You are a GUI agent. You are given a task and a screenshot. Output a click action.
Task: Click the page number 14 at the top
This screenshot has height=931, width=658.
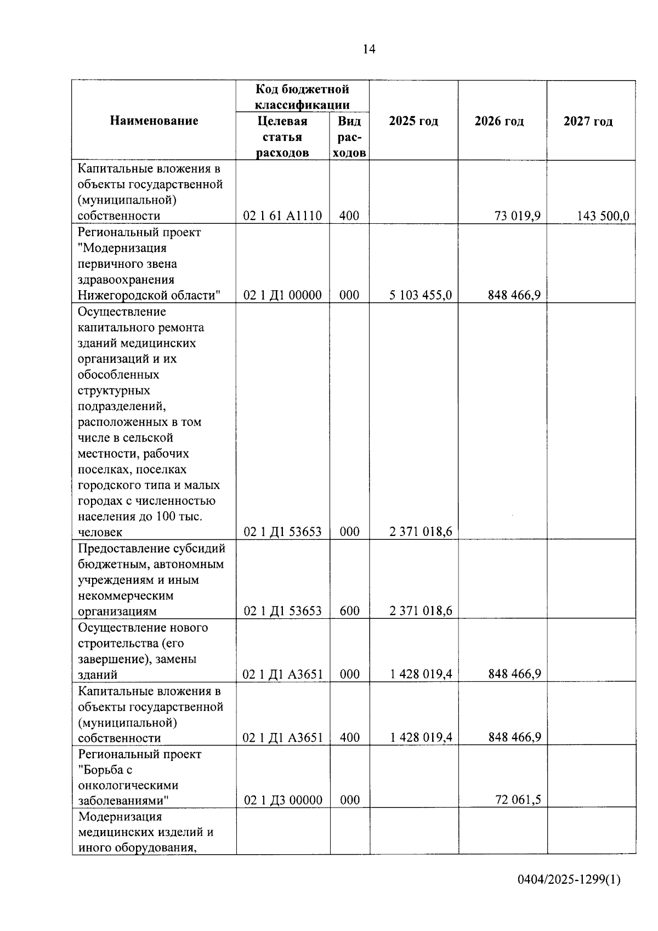[x=369, y=49]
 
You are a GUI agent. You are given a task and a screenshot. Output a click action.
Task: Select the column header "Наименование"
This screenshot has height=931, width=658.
[x=154, y=121]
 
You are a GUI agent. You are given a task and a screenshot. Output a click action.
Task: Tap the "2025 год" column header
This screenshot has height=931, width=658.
[x=413, y=121]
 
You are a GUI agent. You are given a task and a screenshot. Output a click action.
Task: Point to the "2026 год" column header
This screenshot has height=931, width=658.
[x=499, y=121]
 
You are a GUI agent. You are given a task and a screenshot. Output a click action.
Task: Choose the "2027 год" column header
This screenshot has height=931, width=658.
[x=588, y=121]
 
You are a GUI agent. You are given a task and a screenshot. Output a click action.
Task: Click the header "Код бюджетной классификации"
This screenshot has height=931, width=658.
[x=302, y=97]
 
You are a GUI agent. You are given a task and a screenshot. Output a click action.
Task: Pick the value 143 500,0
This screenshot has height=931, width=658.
[x=603, y=216]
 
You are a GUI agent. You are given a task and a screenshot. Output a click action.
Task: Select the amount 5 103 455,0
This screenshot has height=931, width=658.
[x=421, y=295]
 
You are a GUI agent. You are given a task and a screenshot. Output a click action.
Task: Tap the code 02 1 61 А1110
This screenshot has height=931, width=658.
[x=282, y=216]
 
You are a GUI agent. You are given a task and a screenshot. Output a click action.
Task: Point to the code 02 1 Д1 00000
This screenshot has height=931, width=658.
[x=282, y=295]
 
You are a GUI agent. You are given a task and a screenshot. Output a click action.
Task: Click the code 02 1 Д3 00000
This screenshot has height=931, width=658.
[x=283, y=800]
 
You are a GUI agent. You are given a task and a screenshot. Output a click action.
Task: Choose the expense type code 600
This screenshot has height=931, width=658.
[x=349, y=611]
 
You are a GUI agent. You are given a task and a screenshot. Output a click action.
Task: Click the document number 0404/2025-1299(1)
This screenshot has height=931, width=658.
[x=569, y=879]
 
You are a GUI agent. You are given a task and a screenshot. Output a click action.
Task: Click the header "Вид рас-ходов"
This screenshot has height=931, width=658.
[x=349, y=137]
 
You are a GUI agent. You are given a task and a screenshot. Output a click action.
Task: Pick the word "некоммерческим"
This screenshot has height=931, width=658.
[x=126, y=595]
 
